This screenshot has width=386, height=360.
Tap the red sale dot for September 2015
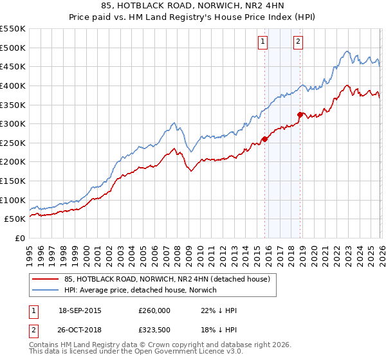(264, 139)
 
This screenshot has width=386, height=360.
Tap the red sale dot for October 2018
(300, 115)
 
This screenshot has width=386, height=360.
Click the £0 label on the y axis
(19, 238)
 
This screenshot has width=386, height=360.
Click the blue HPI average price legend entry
(140, 290)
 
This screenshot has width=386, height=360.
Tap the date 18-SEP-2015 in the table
(80, 310)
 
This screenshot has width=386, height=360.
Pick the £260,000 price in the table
(154, 310)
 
